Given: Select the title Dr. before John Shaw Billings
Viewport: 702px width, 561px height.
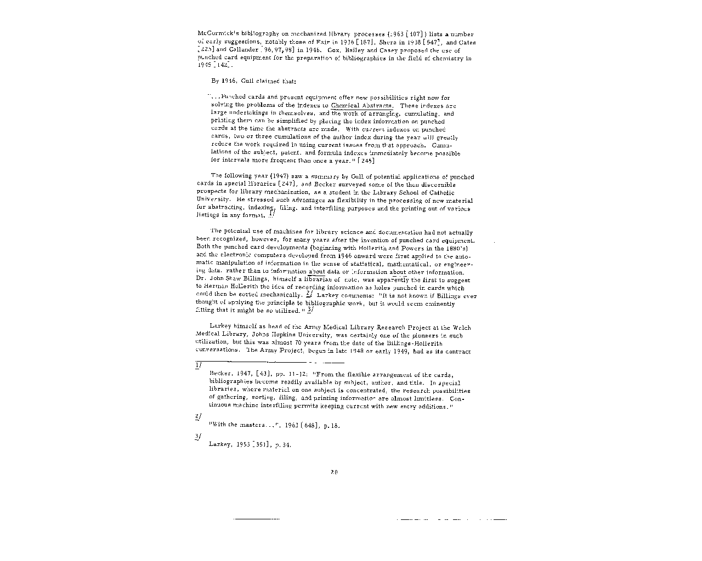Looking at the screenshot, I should (200, 280).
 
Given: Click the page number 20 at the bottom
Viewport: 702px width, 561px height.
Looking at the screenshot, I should (334, 472).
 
